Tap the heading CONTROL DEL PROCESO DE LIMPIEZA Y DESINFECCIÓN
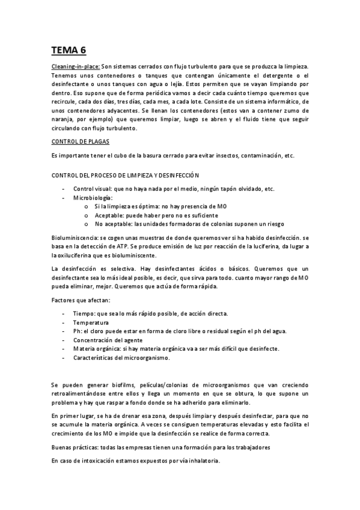125,174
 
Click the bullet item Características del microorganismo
121,358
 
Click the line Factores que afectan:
81,300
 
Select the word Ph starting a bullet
76,331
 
